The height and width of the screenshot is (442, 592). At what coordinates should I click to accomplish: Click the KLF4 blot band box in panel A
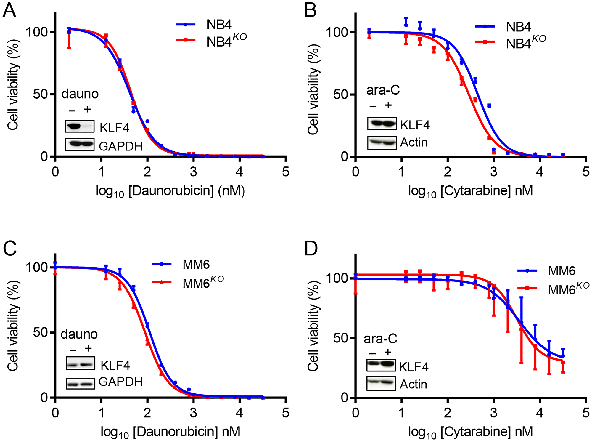[x=80, y=126]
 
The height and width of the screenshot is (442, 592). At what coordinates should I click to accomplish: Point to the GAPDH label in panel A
[x=120, y=146]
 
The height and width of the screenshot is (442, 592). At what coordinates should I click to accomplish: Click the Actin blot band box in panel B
[x=382, y=143]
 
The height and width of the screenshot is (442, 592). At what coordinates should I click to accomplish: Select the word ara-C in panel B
[x=383, y=90]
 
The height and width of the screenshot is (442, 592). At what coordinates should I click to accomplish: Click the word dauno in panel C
[x=79, y=334]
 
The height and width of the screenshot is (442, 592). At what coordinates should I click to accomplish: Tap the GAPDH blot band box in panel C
[x=80, y=384]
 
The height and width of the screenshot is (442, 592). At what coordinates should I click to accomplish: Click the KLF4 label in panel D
[x=414, y=367]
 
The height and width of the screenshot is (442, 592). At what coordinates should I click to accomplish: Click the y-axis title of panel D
[x=313, y=326]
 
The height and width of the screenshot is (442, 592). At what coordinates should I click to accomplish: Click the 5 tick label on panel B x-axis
[x=585, y=172]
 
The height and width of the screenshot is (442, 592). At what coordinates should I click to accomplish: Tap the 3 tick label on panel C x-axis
[x=193, y=413]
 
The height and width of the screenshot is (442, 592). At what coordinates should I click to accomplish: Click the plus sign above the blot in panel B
[x=388, y=105]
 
